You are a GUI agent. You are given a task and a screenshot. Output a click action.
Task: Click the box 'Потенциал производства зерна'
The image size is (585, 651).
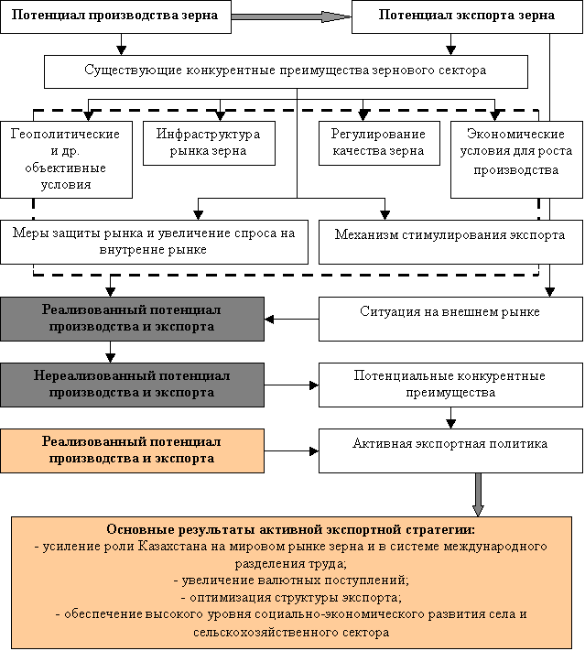click(x=114, y=16)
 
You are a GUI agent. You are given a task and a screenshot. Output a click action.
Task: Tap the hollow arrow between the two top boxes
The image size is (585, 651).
click(x=291, y=16)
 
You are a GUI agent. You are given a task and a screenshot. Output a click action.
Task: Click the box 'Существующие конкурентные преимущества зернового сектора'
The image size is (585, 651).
click(x=286, y=71)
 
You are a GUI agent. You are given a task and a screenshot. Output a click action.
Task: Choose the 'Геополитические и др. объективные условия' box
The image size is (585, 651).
click(x=64, y=159)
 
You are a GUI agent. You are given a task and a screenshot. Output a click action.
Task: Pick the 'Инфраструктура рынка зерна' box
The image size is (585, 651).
click(x=209, y=143)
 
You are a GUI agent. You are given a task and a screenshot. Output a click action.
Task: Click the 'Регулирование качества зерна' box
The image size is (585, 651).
click(x=378, y=143)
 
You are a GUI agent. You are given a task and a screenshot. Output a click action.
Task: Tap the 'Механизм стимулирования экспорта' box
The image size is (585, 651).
click(x=448, y=235)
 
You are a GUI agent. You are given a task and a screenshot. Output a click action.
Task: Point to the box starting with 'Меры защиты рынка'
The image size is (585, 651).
click(x=154, y=242)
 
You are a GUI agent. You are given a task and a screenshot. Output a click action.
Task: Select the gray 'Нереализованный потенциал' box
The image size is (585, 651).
click(x=132, y=385)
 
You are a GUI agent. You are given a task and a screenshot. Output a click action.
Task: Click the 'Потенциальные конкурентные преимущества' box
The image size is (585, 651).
click(x=449, y=385)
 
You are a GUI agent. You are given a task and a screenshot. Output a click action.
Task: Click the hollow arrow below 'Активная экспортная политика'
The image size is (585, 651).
click(x=477, y=494)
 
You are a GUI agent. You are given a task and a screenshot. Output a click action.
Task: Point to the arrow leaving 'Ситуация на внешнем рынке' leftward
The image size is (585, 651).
click(x=291, y=319)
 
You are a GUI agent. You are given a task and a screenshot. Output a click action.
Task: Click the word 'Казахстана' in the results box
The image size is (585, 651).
click(x=195, y=547)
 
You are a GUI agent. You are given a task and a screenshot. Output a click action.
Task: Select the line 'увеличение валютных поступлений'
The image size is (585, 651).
click(x=292, y=580)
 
